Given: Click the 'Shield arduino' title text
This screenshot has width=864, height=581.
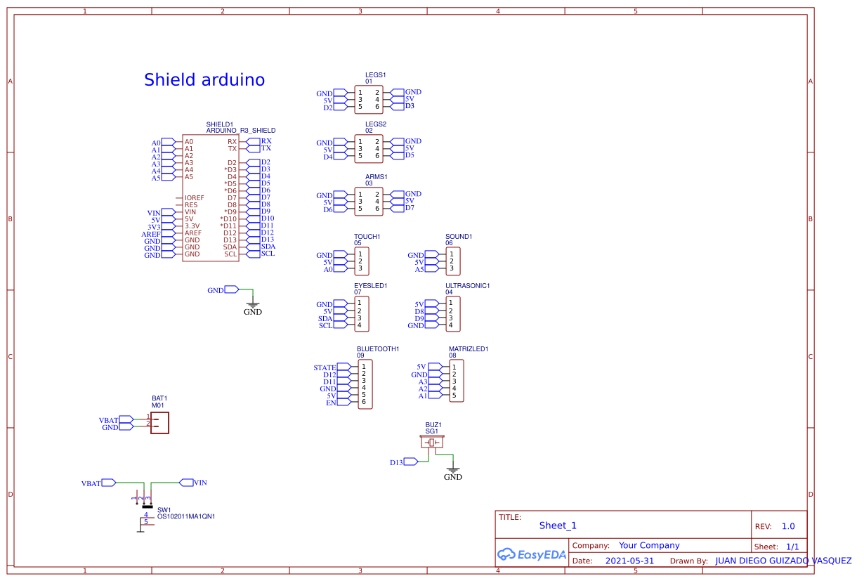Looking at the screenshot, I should tap(204, 80).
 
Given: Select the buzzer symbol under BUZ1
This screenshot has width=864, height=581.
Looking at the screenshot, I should tap(433, 443).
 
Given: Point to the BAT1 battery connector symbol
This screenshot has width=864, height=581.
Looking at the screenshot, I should tap(159, 422).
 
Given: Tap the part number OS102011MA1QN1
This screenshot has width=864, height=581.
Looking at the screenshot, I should tap(185, 516).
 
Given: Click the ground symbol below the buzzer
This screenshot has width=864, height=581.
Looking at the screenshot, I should tap(453, 469).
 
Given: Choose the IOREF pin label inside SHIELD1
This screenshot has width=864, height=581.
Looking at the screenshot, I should tap(194, 198).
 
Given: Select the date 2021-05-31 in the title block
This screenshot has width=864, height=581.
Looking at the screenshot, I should tap(629, 561).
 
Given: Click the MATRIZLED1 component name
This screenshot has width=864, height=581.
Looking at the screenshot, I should tap(468, 348).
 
